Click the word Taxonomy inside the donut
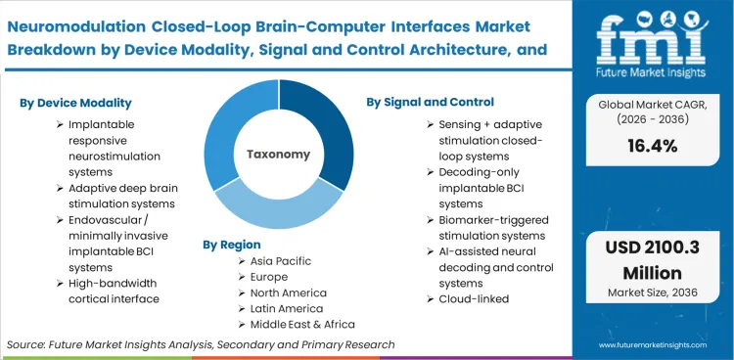(279, 154)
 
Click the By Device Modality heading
(74, 103)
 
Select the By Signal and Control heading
(431, 102)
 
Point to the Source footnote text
(201, 344)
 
